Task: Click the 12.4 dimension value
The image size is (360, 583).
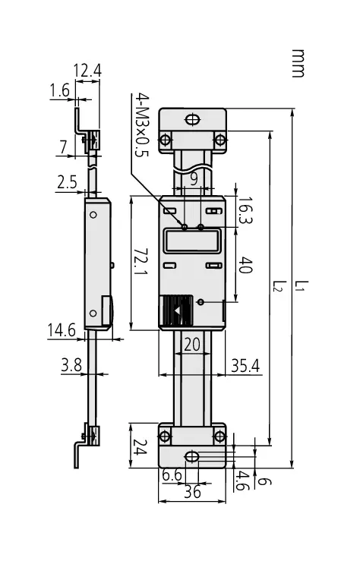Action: pos(87,71)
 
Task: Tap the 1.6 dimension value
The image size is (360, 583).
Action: pos(59,90)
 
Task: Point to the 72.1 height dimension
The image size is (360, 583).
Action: pos(141,262)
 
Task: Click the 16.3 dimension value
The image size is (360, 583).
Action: pos(245,210)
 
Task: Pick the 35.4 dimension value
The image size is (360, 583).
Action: pos(245,365)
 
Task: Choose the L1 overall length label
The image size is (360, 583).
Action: pos(302,285)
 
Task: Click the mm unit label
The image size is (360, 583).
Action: pos(298,63)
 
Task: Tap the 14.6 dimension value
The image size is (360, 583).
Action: pos(62,330)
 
